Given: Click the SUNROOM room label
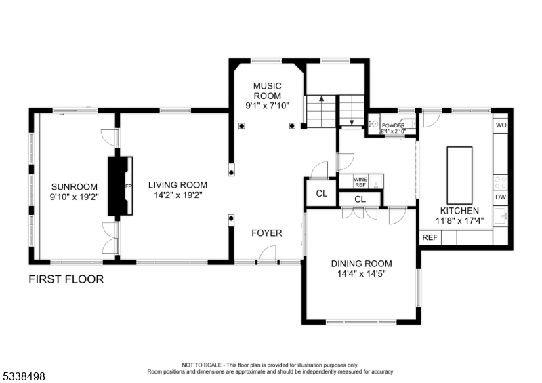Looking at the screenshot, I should pos(75,187).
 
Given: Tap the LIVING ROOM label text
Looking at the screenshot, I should pos(178,185).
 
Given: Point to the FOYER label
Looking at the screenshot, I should pos(266,233).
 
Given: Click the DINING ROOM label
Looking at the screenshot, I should pos(362,263).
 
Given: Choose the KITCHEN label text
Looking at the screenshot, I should pos(459,211).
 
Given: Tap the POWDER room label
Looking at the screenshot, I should pos(393,126).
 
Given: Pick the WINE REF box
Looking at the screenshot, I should pos(360,181).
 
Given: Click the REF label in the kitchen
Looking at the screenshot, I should pos(430,238).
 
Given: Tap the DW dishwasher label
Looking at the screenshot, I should pos(501,198).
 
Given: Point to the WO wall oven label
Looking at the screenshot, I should pos(501,126).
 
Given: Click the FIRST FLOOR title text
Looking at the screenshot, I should pos(66,279).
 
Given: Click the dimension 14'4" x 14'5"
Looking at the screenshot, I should pos(362,274).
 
